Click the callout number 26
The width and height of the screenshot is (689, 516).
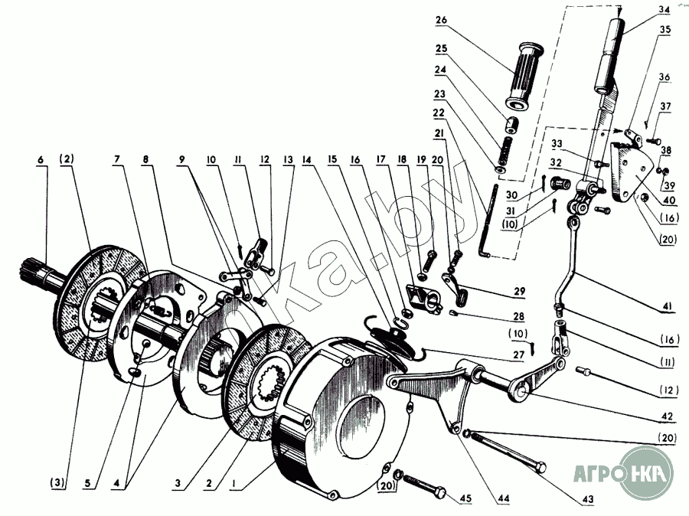(441, 20)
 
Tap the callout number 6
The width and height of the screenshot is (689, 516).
(41, 159)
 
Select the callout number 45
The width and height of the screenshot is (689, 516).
(465, 498)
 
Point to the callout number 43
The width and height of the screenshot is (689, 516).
(587, 499)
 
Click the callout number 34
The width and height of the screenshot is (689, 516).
(664, 10)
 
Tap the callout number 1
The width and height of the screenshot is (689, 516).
(234, 484)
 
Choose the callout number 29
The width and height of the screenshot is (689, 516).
(519, 291)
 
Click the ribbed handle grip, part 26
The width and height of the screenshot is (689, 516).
(525, 77)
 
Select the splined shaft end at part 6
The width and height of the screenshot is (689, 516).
(33, 273)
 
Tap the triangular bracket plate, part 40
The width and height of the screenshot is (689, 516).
(630, 171)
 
